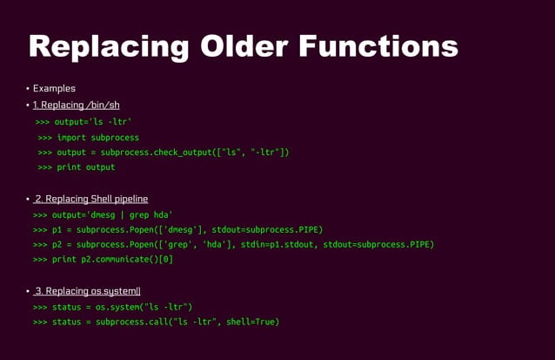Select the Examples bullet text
point(54,88)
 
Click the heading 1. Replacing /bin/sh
point(76,105)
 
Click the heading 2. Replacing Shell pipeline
point(91,200)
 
